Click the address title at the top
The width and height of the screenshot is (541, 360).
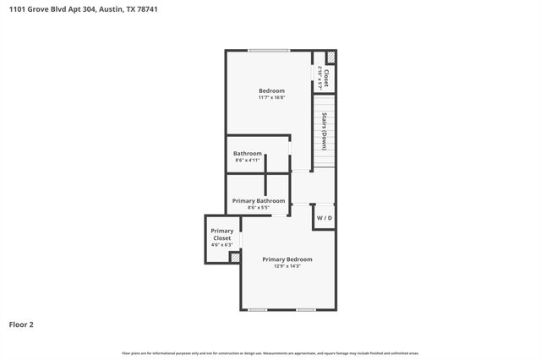click(x=79, y=9)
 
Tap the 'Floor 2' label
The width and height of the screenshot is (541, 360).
click(x=22, y=324)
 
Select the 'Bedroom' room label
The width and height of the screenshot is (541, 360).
click(x=271, y=90)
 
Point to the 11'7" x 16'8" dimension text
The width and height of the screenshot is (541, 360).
click(x=271, y=97)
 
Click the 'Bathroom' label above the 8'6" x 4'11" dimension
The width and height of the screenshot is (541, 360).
click(x=248, y=153)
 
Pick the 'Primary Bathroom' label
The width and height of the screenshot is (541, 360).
click(x=259, y=200)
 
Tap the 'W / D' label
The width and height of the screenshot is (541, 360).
click(x=325, y=218)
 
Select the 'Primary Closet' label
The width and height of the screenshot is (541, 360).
click(x=222, y=234)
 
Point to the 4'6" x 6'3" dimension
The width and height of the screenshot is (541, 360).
click(x=222, y=245)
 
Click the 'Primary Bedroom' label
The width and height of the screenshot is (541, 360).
click(x=287, y=259)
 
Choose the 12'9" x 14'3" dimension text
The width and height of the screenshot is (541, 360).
click(x=287, y=266)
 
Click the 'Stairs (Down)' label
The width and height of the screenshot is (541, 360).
click(x=325, y=131)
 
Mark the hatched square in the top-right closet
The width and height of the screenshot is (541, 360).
click(x=331, y=57)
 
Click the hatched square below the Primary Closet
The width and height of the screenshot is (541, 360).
click(x=235, y=258)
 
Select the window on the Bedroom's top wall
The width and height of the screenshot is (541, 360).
click(x=269, y=51)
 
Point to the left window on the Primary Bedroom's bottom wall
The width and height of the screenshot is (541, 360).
click(x=258, y=310)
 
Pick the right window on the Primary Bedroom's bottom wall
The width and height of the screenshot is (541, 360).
click(x=306, y=310)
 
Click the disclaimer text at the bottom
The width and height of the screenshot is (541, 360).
click(x=270, y=353)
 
